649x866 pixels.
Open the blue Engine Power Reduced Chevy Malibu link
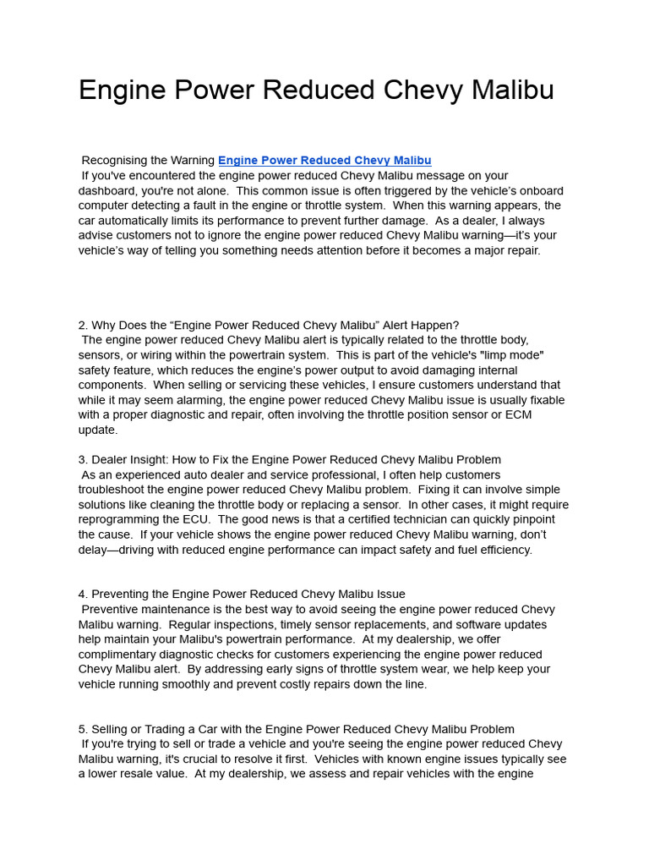pyautogui.click(x=324, y=161)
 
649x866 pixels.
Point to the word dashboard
pyautogui.click(x=107, y=191)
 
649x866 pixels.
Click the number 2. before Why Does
pyautogui.click(x=83, y=326)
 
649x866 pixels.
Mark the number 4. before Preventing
pyautogui.click(x=83, y=595)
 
